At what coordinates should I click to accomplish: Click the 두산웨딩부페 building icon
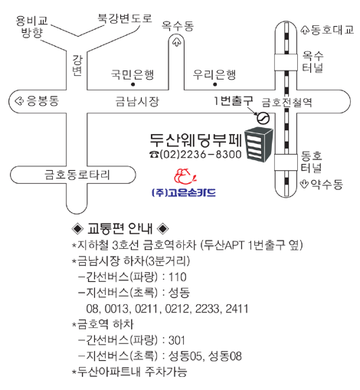pyautogui.click(x=259, y=145)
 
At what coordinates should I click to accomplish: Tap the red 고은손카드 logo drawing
pyautogui.click(x=185, y=176)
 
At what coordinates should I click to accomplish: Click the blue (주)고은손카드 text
pyautogui.click(x=184, y=192)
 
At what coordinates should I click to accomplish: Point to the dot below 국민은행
pyautogui.click(x=133, y=84)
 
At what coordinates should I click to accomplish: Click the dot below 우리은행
pyautogui.click(x=215, y=84)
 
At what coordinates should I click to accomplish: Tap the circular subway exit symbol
pyautogui.click(x=263, y=118)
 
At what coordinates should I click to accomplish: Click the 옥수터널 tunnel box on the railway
pyautogui.click(x=286, y=62)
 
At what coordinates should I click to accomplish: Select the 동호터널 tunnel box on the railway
pyautogui.click(x=286, y=162)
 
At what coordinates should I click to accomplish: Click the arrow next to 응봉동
pyautogui.click(x=19, y=101)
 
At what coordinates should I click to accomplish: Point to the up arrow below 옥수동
pyautogui.click(x=176, y=42)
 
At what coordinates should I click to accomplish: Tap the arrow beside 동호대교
pyautogui.click(x=305, y=30)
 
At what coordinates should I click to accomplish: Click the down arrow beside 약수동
pyautogui.click(x=304, y=184)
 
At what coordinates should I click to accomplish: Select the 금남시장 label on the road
pyautogui.click(x=137, y=101)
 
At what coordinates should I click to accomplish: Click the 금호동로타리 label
pyautogui.click(x=77, y=175)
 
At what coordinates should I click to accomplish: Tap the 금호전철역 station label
pyautogui.click(x=286, y=103)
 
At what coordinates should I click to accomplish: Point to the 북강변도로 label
pyautogui.click(x=125, y=18)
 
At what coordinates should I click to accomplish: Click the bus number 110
pyautogui.click(x=178, y=277)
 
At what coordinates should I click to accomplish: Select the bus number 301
pyautogui.click(x=176, y=340)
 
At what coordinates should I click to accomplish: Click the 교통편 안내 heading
pyautogui.click(x=120, y=228)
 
